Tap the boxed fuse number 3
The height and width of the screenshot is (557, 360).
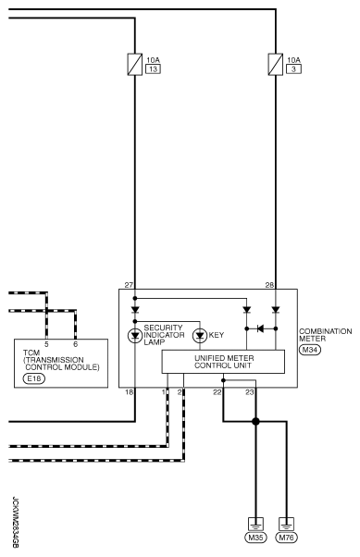(292, 68)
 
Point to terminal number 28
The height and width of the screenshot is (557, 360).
(269, 284)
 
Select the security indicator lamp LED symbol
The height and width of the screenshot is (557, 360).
(134, 334)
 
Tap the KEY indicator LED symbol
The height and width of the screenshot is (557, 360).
(198, 334)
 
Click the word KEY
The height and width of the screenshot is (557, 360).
(217, 334)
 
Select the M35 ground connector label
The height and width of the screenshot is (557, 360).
(254, 537)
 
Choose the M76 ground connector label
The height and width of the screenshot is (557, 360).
(288, 537)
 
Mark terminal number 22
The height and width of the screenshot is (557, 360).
(217, 392)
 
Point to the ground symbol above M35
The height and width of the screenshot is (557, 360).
(254, 520)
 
